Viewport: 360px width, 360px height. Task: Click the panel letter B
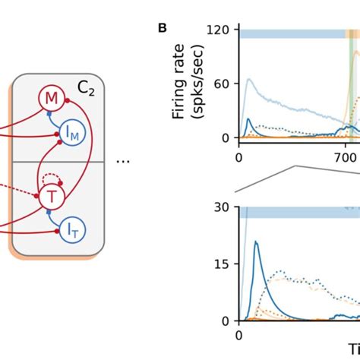[x=163, y=28]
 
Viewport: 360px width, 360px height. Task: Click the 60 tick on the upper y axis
[x=223, y=85]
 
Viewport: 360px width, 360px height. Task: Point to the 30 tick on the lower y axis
[x=223, y=207]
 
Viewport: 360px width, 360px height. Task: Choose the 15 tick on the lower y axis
[x=223, y=264]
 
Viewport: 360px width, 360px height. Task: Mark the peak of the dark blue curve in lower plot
[x=256, y=242]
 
